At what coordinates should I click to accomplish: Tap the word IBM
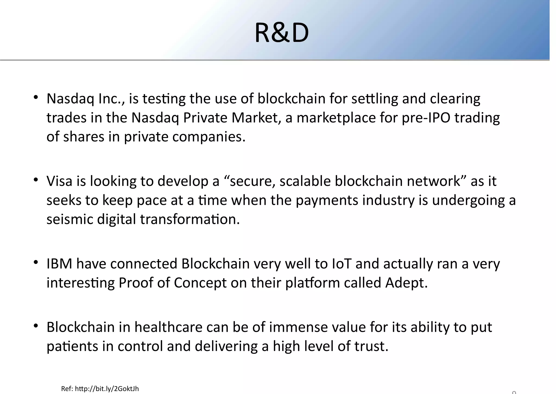click(59, 264)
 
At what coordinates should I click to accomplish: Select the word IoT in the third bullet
click(342, 264)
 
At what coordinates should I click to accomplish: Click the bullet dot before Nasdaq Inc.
click(36, 98)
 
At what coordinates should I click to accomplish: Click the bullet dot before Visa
click(36, 180)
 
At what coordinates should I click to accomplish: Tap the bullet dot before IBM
click(36, 262)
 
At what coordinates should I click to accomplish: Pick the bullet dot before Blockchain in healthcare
click(36, 326)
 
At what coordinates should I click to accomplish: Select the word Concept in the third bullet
click(200, 283)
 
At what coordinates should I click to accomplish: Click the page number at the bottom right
click(514, 392)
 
